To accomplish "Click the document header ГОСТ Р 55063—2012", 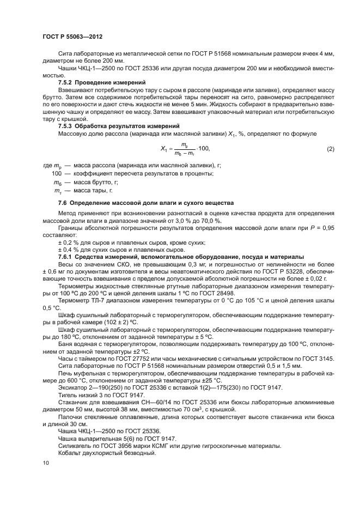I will coord(72,37).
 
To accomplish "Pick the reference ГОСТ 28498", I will coord(227,293).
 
